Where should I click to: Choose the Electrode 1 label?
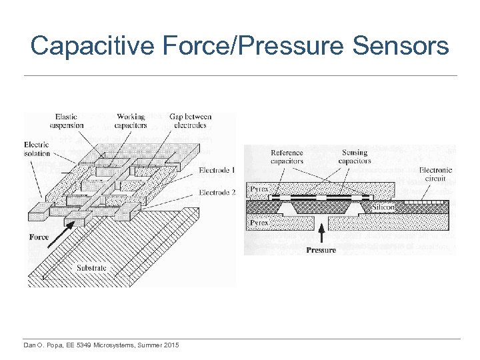217,171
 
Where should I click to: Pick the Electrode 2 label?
217,193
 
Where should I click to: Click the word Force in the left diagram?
39,237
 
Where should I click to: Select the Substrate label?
91,268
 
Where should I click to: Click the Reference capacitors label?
287,157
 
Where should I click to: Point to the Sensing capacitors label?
354,157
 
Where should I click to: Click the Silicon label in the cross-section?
384,207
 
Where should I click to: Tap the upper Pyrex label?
259,189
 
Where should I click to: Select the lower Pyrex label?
259,221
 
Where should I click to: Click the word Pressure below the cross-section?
321,250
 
